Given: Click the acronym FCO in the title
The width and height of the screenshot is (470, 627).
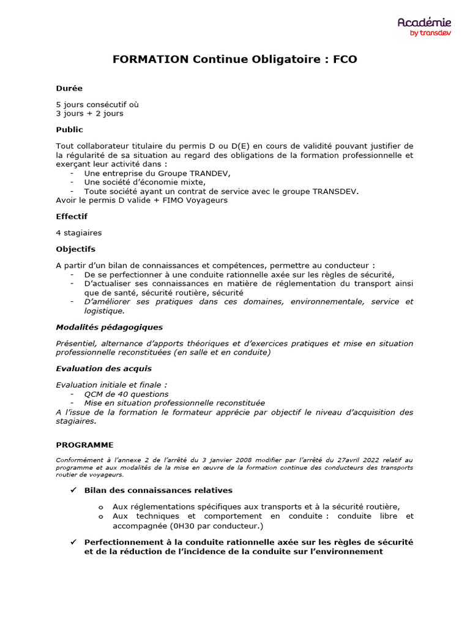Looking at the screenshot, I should [x=345, y=59].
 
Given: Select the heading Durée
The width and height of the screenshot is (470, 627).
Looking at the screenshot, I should [x=69, y=88].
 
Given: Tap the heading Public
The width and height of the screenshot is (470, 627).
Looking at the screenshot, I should [x=69, y=130].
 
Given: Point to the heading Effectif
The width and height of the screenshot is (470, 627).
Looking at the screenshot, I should [x=72, y=217].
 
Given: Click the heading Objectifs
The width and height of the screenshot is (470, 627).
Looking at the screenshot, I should [x=75, y=249].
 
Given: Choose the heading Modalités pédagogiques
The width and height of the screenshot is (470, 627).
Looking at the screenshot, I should [x=109, y=328].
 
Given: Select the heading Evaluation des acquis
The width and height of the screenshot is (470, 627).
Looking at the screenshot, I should [x=103, y=369].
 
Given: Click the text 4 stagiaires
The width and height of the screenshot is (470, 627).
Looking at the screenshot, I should [x=79, y=233].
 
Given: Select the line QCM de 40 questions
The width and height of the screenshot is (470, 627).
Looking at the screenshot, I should [x=126, y=394].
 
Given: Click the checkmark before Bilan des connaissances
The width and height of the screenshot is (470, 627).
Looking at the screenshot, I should [x=73, y=490].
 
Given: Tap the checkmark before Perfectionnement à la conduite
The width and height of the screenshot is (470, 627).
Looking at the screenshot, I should [x=73, y=543].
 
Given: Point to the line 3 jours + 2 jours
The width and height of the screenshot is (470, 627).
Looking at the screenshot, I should [x=89, y=113].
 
